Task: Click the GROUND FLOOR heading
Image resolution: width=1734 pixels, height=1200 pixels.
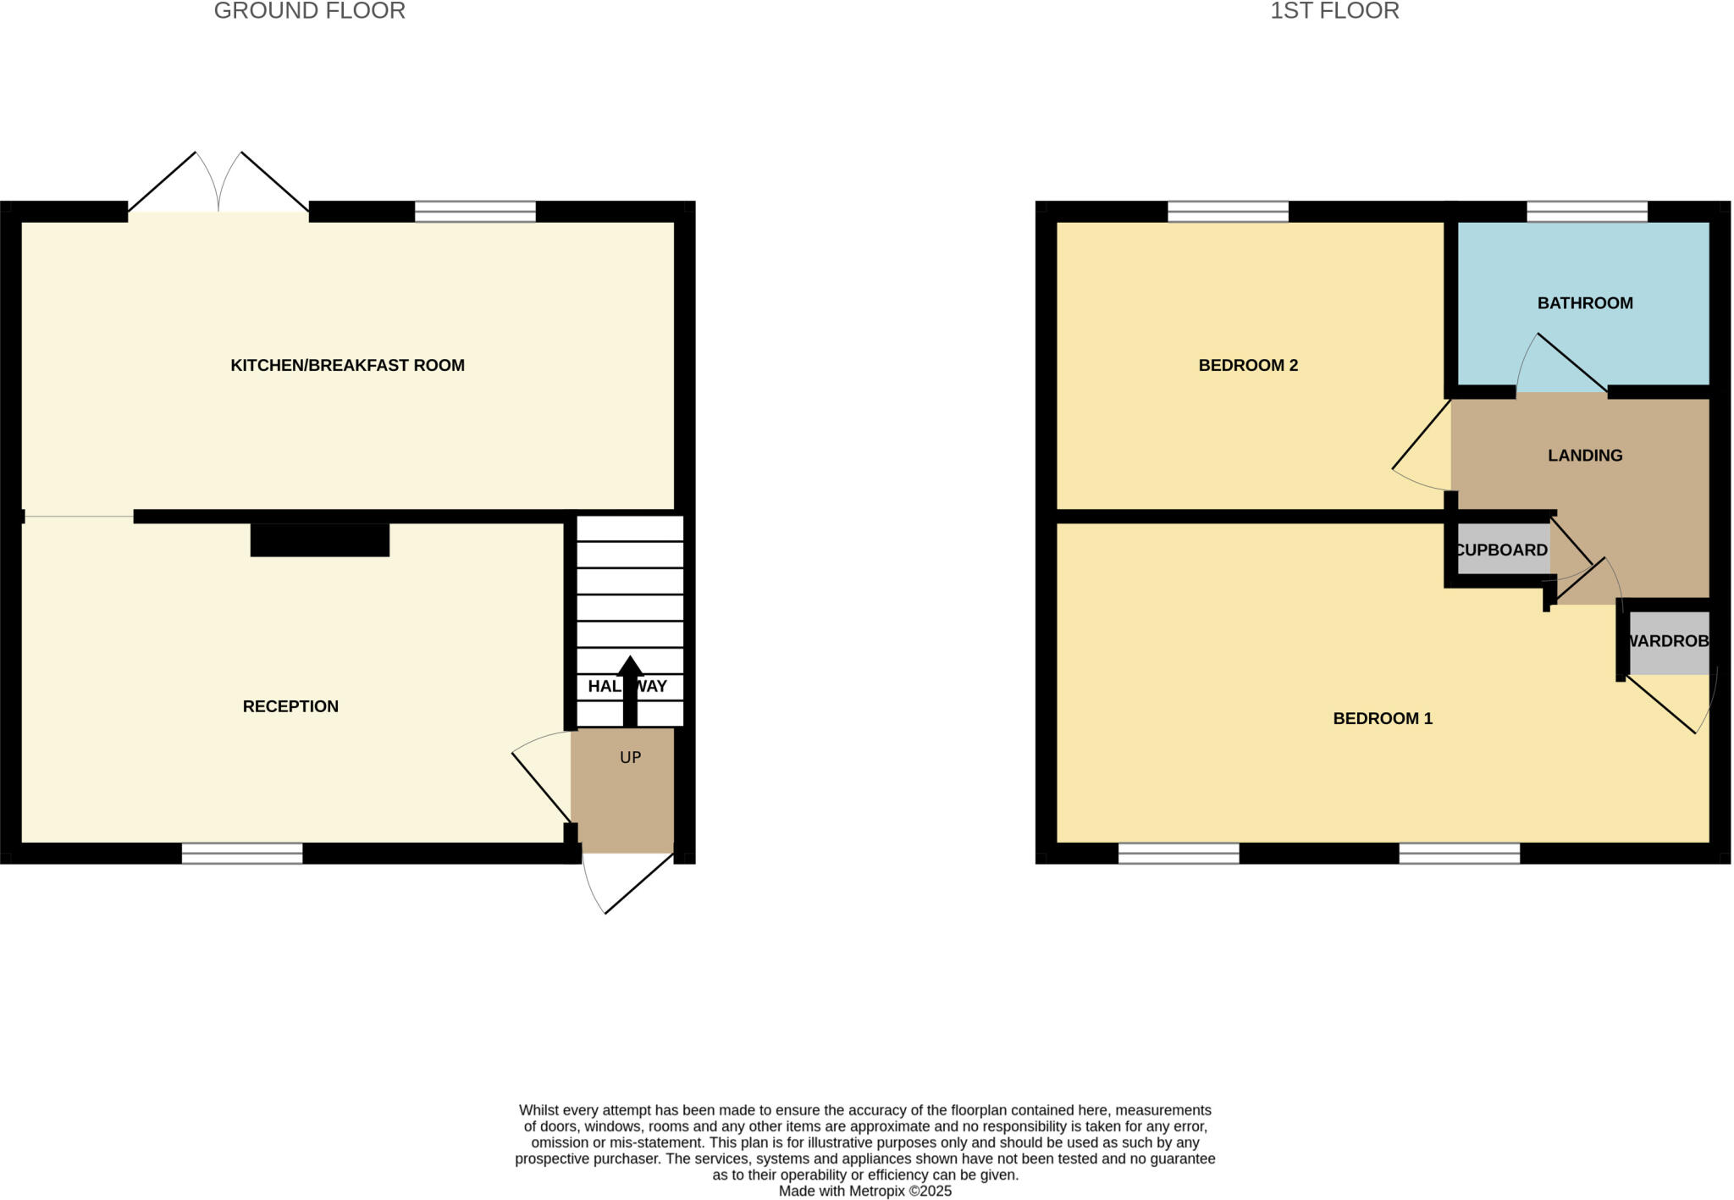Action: click(309, 11)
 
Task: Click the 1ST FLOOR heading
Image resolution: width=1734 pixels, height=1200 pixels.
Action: click(1334, 11)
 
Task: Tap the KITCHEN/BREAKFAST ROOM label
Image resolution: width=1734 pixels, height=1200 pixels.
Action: click(347, 366)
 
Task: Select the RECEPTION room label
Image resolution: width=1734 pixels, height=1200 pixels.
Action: click(290, 706)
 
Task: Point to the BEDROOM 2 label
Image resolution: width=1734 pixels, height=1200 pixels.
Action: click(1248, 366)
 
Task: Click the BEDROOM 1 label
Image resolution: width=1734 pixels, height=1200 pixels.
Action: click(1383, 719)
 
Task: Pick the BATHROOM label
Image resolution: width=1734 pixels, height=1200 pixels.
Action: click(1585, 303)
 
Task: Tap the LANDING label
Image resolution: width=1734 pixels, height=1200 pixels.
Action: click(1585, 456)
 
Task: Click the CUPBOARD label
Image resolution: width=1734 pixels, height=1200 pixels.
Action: click(1501, 550)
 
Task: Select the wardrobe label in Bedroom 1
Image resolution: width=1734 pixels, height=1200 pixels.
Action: click(1668, 642)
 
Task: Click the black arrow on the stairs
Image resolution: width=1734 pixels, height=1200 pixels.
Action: click(630, 690)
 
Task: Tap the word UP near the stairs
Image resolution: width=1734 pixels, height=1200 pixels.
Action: click(630, 758)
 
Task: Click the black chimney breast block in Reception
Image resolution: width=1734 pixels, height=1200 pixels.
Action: click(320, 540)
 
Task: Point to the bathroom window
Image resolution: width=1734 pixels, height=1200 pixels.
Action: click(1587, 211)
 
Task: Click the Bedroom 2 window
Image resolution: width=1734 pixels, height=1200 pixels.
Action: click(1228, 211)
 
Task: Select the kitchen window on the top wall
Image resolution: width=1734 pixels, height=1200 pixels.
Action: click(475, 211)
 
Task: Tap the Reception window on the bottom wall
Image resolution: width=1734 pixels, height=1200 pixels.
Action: click(242, 854)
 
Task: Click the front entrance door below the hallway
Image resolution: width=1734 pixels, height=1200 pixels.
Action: click(631, 881)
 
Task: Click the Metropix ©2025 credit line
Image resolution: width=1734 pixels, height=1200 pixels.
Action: click(864, 1192)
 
